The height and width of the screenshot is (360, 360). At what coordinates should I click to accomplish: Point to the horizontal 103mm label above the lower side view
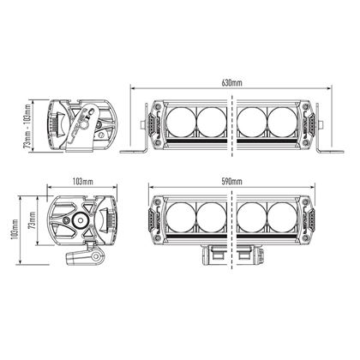[x=81, y=183]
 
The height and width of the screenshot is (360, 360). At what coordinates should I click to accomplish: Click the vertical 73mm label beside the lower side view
[x=32, y=225]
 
